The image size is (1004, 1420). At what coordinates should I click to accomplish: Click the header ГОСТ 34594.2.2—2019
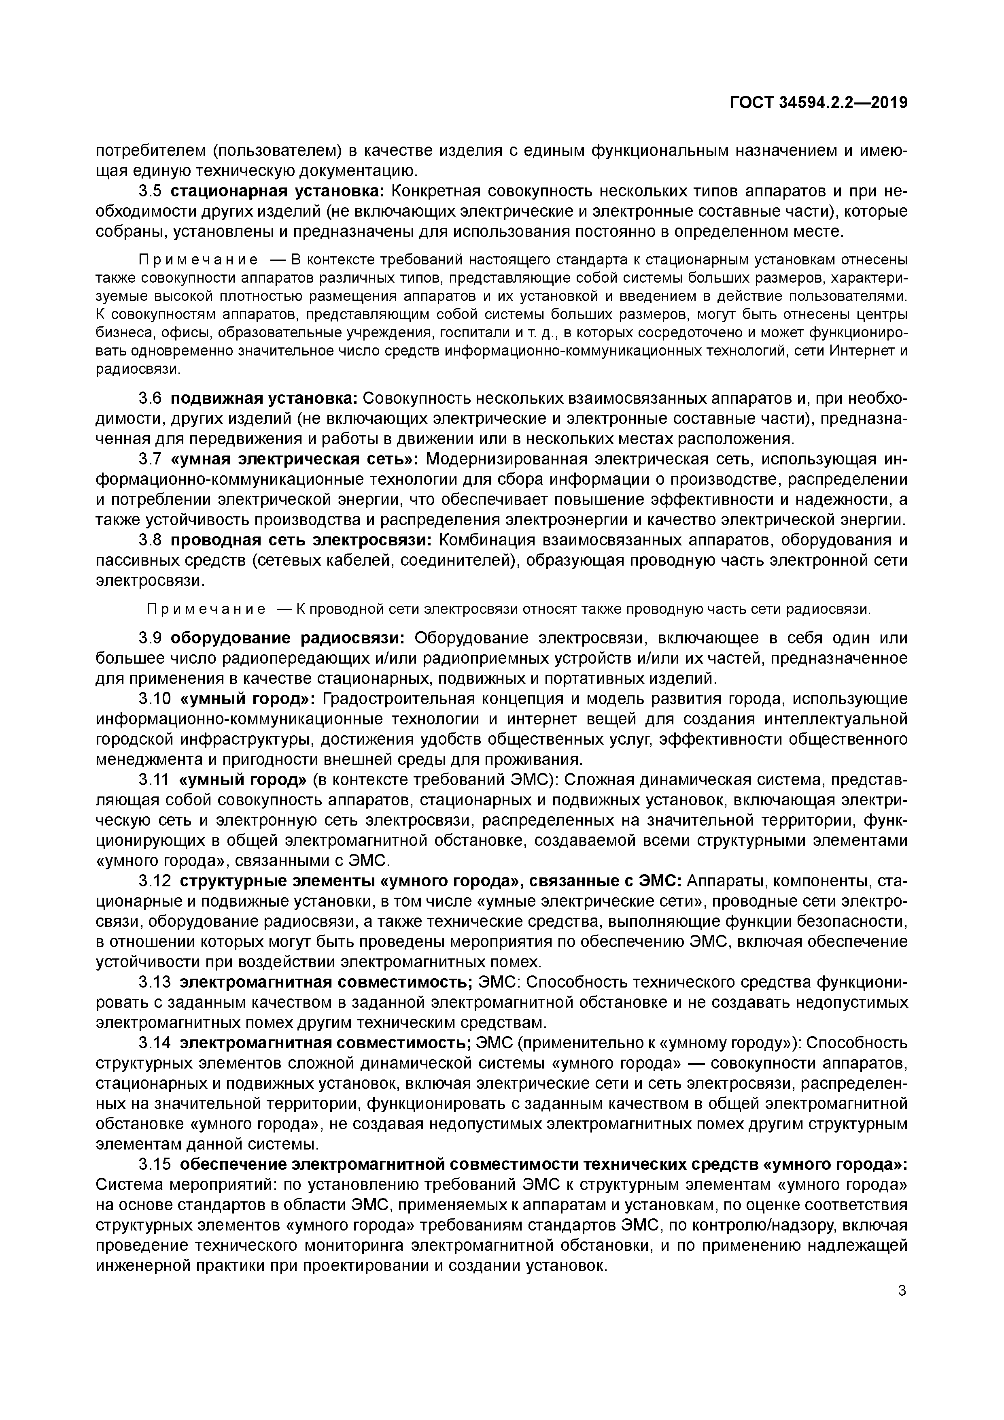point(819,103)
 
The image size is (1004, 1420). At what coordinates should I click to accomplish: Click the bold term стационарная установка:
point(278,191)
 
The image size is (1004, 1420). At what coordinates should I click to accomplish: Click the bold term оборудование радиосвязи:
point(288,638)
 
